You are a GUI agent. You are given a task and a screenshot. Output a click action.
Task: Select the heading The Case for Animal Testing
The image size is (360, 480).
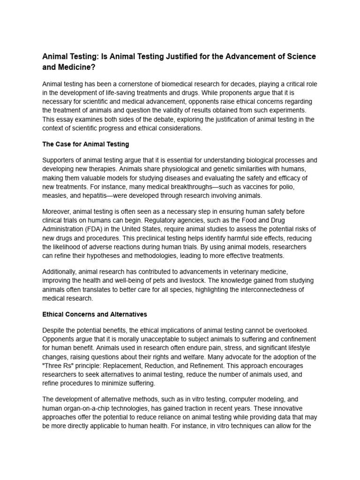[86, 144]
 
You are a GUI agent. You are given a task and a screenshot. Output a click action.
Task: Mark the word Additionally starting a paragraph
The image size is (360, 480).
[60, 272]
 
